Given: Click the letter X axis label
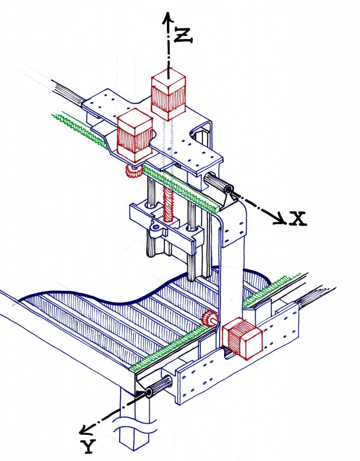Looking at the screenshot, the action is tap(297, 218).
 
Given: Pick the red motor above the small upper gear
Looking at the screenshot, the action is tap(135, 135).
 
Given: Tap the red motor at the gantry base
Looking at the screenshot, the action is tap(242, 338).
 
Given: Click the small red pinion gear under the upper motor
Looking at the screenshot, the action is tap(133, 171).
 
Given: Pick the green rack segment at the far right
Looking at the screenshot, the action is tap(271, 289).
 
